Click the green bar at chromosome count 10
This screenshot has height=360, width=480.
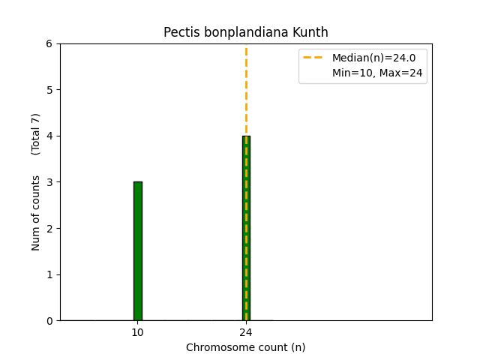(138, 250)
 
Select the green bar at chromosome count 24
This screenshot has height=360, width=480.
(246, 228)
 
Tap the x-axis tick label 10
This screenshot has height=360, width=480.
(138, 332)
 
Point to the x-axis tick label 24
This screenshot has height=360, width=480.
(246, 332)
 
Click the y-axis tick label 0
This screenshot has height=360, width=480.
(49, 321)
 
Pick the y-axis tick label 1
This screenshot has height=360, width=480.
(49, 274)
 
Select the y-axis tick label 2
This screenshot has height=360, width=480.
(49, 229)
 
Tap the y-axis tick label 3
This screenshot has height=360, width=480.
(49, 182)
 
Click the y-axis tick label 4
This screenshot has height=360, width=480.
(49, 136)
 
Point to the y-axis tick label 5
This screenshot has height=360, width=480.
(49, 90)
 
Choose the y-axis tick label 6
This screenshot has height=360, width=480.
(49, 44)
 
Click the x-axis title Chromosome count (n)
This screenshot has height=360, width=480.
(246, 347)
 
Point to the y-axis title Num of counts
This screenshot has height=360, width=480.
(36, 213)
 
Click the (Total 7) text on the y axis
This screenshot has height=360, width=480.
(36, 134)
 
